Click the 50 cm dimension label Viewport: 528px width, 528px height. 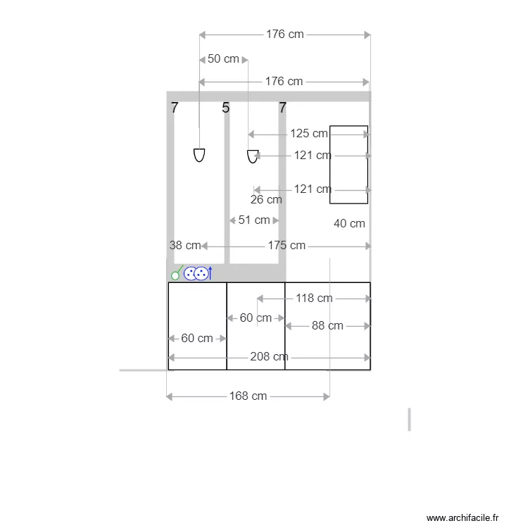pos(223,59)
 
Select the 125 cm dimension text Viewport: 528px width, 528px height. pos(309,133)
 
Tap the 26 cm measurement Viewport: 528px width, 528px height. pos(266,200)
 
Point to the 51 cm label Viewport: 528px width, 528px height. pos(254,220)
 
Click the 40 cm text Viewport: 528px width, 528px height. pos(349,224)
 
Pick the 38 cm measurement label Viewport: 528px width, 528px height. pos(185,246)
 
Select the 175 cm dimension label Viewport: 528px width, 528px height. pos(287,246)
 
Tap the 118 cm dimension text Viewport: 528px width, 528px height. pos(314,298)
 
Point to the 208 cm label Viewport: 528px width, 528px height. pos(269,357)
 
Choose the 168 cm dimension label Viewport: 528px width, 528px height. pos(249,396)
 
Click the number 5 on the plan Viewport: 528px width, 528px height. pos(225,108)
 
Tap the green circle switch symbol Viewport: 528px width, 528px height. pos(177,274)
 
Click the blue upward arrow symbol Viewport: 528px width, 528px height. pos(210,273)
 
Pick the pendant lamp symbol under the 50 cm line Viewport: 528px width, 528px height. pos(199,155)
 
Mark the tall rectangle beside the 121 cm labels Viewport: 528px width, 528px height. pos(348,165)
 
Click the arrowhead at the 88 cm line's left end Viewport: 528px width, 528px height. pos(287,326)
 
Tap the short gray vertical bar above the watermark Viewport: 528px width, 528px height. pos(409,419)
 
